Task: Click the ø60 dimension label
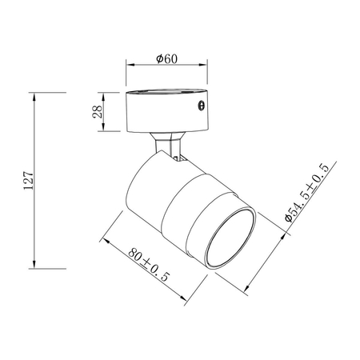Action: tap(166, 59)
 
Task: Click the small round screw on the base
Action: tap(201, 106)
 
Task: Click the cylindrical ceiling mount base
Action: tap(168, 112)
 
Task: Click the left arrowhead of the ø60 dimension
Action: tap(130, 69)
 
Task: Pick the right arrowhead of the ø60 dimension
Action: tap(208, 69)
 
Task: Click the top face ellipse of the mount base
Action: tap(168, 94)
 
